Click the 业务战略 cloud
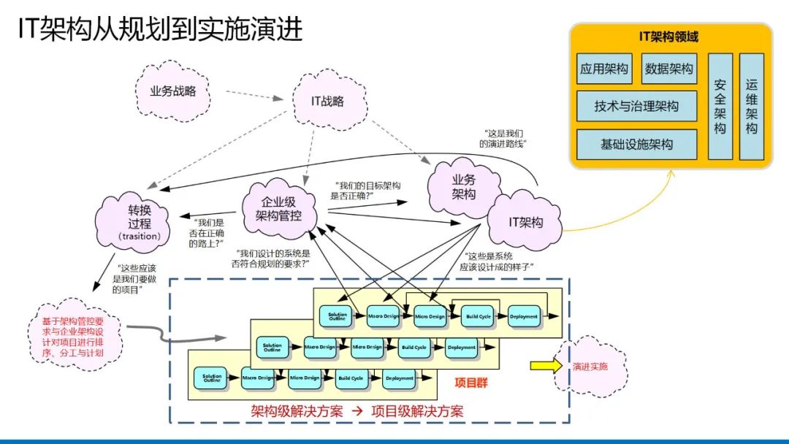pos(169,91)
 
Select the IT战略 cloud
pos(328,102)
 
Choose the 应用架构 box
pos(604,69)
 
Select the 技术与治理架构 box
pos(636,107)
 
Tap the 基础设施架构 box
pos(636,145)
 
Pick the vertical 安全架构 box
pos(720,106)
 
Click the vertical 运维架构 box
pos(751,106)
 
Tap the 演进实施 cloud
pos(590,366)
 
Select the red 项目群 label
pos(470,383)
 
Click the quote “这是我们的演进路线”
pos(503,138)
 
